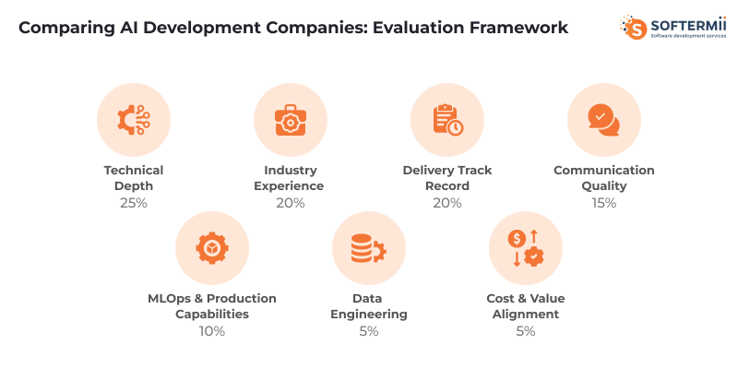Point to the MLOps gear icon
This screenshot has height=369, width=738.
212,248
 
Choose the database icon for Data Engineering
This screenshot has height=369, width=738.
368,248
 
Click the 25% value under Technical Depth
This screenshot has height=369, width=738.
134,202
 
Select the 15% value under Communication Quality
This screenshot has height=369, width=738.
604,202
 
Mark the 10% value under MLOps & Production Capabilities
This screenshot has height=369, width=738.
212,330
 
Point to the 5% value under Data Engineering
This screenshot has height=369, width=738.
369,330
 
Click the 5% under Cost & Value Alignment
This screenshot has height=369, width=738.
526,330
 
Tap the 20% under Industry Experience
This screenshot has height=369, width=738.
291,202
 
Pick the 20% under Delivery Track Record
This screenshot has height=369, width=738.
447,202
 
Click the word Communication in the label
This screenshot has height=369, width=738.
604,171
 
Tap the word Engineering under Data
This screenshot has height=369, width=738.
369,315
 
